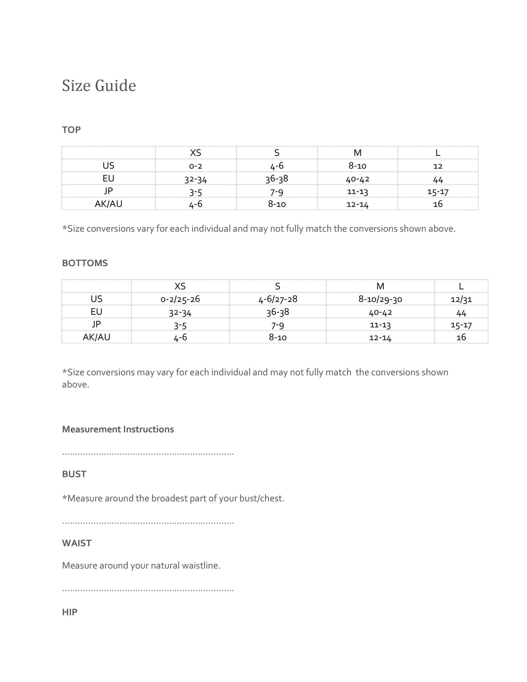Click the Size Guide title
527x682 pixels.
(x=99, y=86)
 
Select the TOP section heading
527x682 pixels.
(x=71, y=130)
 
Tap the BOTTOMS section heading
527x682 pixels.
(x=85, y=263)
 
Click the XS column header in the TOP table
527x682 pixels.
(x=195, y=153)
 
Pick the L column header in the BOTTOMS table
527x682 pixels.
(x=461, y=286)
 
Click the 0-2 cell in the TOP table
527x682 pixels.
(x=195, y=166)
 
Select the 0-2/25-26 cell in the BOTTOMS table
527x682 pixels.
(x=180, y=299)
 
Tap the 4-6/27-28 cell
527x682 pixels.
(x=278, y=299)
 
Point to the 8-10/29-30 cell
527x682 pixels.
(x=380, y=299)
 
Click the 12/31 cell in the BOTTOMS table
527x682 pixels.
(x=461, y=299)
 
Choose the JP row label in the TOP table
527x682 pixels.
(x=108, y=191)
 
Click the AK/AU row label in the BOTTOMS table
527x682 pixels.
(x=96, y=337)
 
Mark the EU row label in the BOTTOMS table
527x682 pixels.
(x=96, y=312)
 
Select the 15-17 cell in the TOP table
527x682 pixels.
(x=438, y=192)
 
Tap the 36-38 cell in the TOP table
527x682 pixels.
(x=277, y=179)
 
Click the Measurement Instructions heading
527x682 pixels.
(x=118, y=429)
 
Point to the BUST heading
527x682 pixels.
(x=74, y=474)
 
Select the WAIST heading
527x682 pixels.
(x=77, y=543)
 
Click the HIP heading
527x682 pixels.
(x=70, y=612)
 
